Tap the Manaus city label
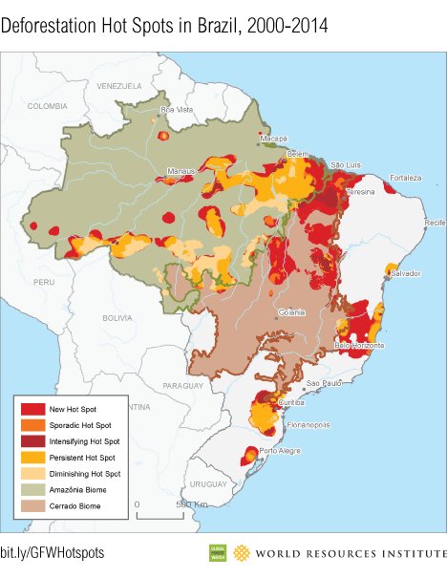[x=181, y=171]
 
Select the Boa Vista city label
[x=176, y=110]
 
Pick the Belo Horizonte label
[x=359, y=344]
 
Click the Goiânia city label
[x=291, y=311]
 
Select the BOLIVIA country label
[x=117, y=317]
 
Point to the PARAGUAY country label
[x=183, y=385]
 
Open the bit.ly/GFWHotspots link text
[x=52, y=553]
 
